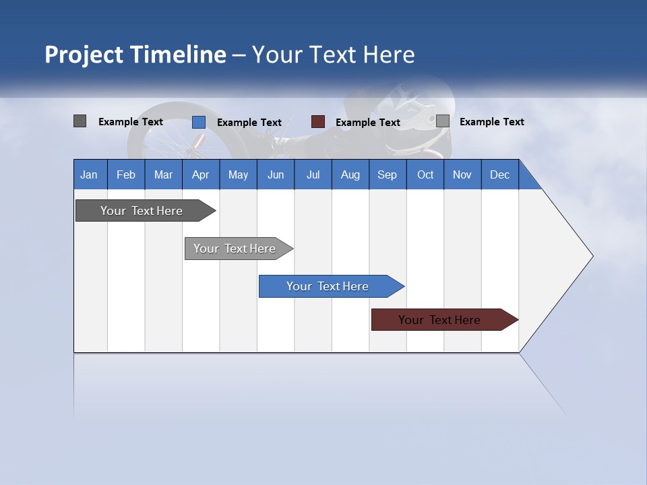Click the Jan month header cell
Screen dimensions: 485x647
(x=90, y=174)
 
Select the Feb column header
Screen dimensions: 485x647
(x=126, y=174)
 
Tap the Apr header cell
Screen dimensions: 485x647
(x=201, y=174)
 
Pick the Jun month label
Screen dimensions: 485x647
(x=276, y=174)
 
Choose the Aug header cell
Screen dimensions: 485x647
(x=350, y=174)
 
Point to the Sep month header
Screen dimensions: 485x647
(x=388, y=174)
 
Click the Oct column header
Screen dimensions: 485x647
(x=425, y=174)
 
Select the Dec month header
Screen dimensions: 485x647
(x=500, y=174)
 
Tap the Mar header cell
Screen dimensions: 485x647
(x=163, y=174)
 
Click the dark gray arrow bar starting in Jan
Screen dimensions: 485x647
(x=142, y=211)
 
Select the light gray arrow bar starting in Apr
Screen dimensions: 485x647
(x=235, y=249)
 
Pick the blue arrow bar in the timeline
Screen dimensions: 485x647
(x=328, y=286)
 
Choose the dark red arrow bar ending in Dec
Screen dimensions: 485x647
(x=439, y=320)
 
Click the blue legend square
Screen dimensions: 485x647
(x=199, y=122)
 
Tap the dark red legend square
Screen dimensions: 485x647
(x=318, y=122)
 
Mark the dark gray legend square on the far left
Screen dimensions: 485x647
(x=80, y=121)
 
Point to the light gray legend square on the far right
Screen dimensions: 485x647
(x=443, y=121)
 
